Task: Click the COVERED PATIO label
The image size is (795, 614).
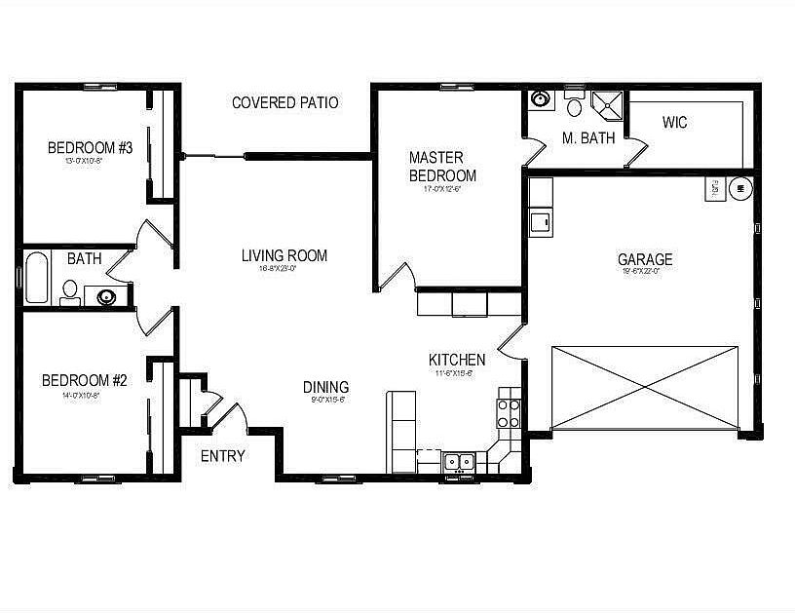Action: pos(284,102)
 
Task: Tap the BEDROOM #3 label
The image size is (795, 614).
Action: pos(90,148)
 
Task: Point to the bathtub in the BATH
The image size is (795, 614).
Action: pos(36,279)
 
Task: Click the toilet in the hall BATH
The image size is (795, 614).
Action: pos(70,291)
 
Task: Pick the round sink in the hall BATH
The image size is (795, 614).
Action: pos(104,296)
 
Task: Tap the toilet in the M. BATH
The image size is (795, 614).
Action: pos(574,104)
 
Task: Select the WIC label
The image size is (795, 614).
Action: pos(675,123)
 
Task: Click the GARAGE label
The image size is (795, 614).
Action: pos(644,259)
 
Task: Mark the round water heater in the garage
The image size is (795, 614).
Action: pos(740,187)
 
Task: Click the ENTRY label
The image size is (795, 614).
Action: pos(222,455)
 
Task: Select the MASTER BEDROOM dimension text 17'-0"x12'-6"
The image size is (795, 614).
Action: pos(442,189)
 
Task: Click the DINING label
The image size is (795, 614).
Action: pos(325,387)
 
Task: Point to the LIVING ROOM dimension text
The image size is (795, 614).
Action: pos(284,269)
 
